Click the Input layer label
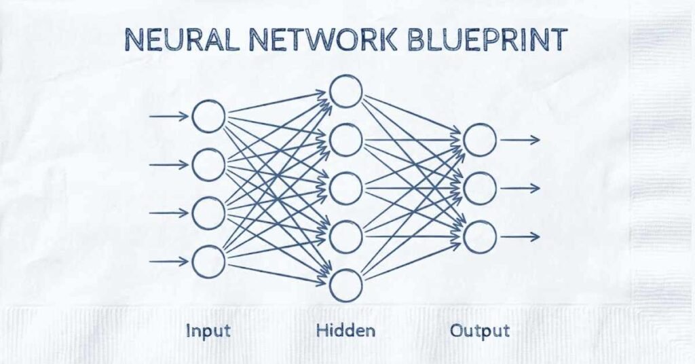coord(208,331)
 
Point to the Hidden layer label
coord(345,331)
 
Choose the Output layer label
coord(480,331)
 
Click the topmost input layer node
coord(208,116)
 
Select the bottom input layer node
coord(208,261)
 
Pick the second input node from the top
coord(208,164)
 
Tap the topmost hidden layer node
coord(346,91)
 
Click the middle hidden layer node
coord(346,188)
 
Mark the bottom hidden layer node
coord(346,285)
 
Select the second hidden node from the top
coord(346,140)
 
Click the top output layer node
coord(480,140)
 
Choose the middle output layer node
coord(480,188)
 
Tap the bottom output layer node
coord(480,237)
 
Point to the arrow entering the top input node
coord(168,116)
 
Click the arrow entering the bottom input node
coord(168,261)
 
